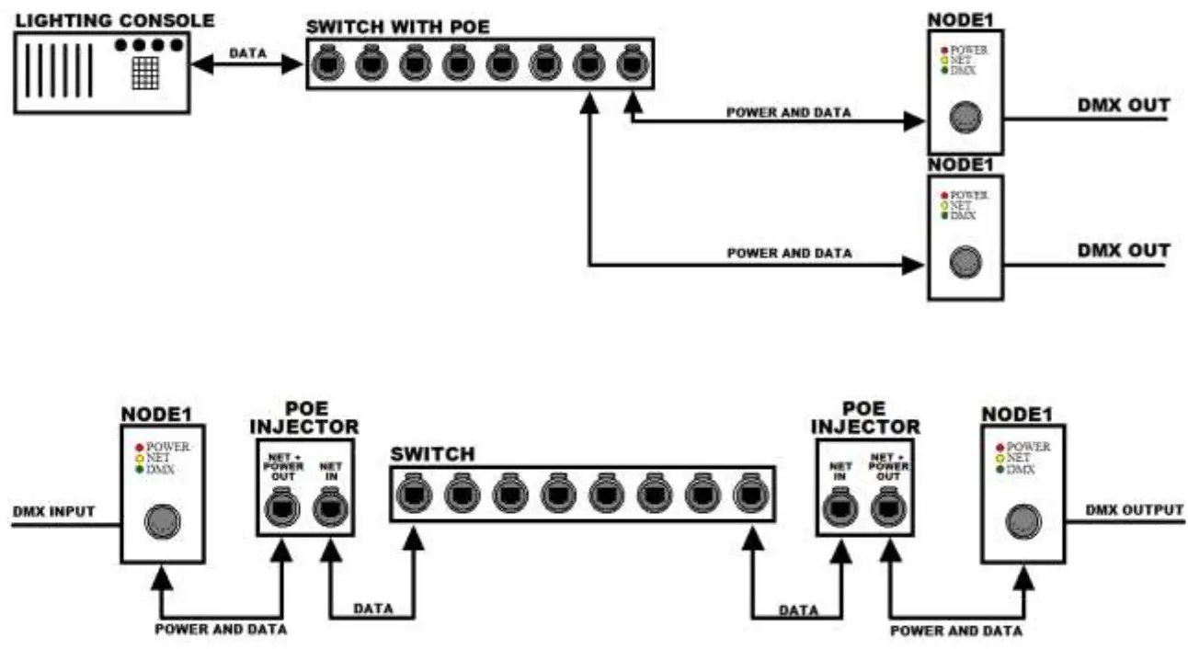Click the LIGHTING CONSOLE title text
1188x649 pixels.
click(x=114, y=19)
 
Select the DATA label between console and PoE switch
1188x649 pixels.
click(x=247, y=53)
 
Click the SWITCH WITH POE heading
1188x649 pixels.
click(x=397, y=27)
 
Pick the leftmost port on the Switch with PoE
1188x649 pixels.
click(x=326, y=63)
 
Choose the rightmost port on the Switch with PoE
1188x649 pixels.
click(x=632, y=63)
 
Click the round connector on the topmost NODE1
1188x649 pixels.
click(x=965, y=118)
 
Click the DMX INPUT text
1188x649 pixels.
click(x=54, y=511)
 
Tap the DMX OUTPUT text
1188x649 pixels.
click(x=1135, y=510)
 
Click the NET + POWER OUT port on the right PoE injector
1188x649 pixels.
click(x=888, y=507)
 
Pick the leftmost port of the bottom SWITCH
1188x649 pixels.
click(x=410, y=495)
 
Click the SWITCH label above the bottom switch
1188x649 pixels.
click(x=432, y=454)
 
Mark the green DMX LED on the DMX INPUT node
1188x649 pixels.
click(x=139, y=470)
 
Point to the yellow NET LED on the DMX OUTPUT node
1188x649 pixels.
click(x=999, y=458)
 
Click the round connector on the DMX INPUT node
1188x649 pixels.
click(x=162, y=522)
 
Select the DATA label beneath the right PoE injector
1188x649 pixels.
click(x=798, y=609)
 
